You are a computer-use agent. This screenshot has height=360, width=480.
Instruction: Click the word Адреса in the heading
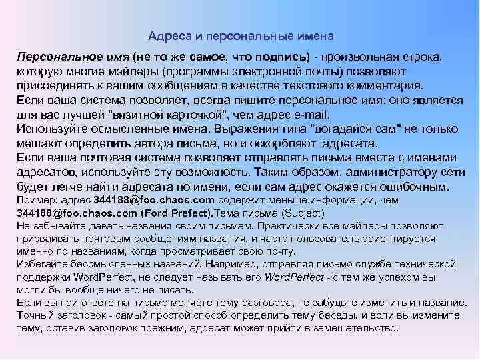point(166,35)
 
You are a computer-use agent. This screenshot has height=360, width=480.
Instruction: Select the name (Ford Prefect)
point(175,214)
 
